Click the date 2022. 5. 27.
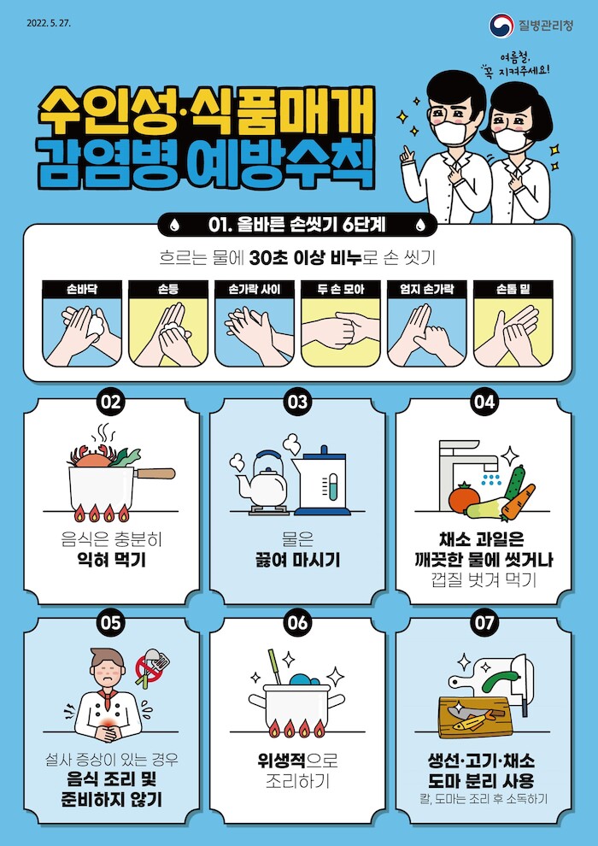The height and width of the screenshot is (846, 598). coord(49,23)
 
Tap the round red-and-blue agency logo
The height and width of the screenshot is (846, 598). coord(501,26)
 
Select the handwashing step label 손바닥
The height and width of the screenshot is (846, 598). coord(82,289)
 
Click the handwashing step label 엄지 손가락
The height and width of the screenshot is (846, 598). coord(426,289)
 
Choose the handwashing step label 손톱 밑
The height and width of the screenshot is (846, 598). coord(513,289)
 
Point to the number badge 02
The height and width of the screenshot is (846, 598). coord(111,402)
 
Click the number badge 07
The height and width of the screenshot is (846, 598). coord(484,623)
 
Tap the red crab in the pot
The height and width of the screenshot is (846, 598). coord(92,457)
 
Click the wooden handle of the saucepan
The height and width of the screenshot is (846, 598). coord(155,473)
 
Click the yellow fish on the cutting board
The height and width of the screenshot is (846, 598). coord(474,720)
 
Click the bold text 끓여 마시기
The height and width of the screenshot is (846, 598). coord(297,561)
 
